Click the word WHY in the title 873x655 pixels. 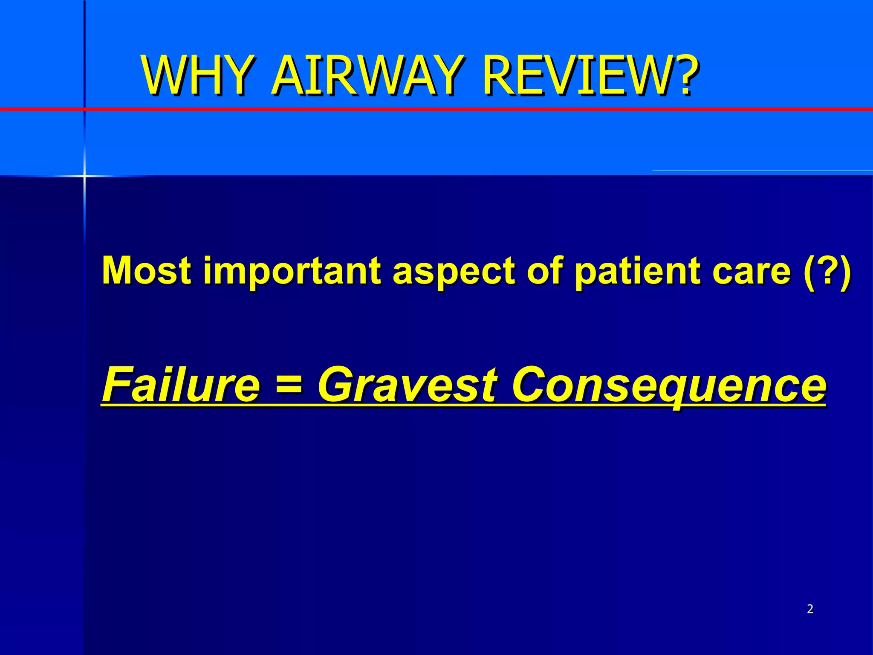tap(196, 76)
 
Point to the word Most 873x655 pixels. tap(147, 270)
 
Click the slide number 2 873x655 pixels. tap(810, 609)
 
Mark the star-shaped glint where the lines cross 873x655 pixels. tap(84, 175)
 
